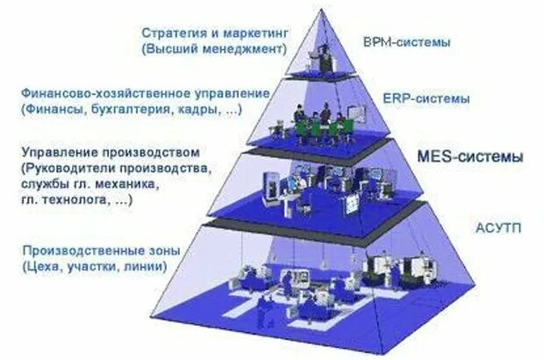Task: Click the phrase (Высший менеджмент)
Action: pyautogui.click(x=215, y=49)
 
